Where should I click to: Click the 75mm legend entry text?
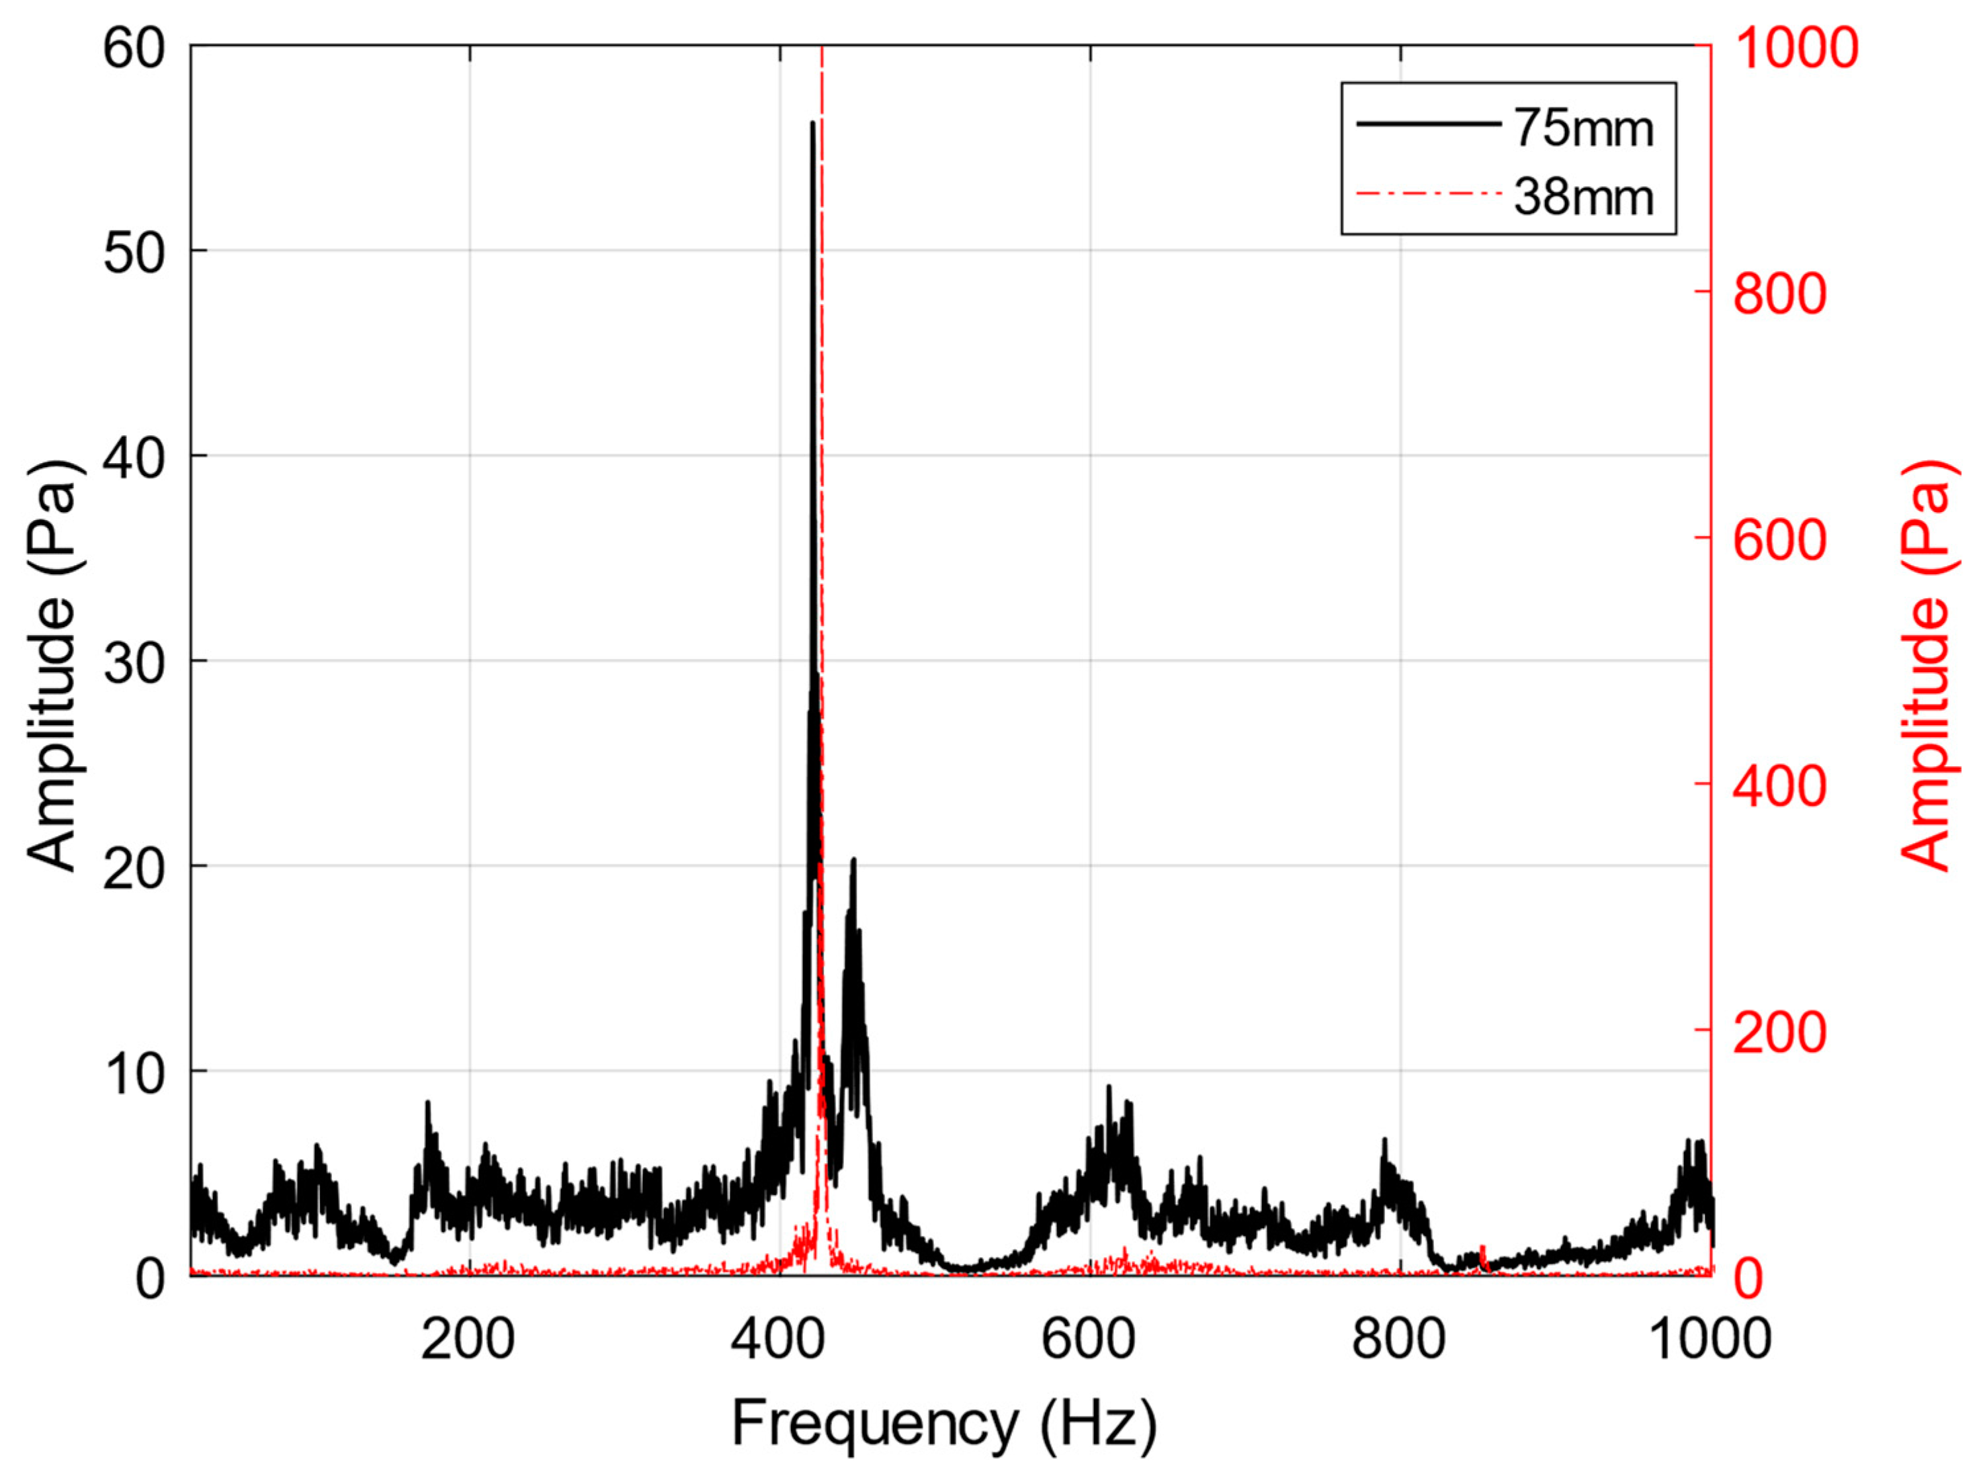pyautogui.click(x=1583, y=128)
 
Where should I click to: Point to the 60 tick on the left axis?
pyautogui.click(x=134, y=48)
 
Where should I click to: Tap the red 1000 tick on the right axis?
pyautogui.click(x=1796, y=48)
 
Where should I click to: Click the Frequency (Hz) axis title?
pyautogui.click(x=944, y=1424)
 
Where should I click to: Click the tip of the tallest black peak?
pyautogui.click(x=812, y=123)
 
